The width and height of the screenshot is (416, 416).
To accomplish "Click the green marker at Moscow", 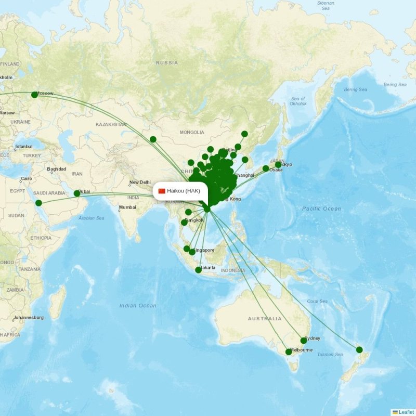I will pos(34,95).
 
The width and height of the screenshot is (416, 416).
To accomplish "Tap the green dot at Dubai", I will pos(77,193).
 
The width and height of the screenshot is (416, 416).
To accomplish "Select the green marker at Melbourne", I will pos(289,352).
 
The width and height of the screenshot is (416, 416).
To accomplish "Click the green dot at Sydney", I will pos(304,341).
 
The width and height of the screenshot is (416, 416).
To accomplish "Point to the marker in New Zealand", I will pos(359,350).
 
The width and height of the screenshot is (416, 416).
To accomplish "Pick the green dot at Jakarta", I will pos(198,270).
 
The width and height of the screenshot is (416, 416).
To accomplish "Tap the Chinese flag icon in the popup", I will pos(162,191).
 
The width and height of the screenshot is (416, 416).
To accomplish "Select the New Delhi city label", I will pos(140,183).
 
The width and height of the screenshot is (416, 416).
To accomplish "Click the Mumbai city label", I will pos(127,207).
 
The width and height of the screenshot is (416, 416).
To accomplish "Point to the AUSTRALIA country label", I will pos(265,319).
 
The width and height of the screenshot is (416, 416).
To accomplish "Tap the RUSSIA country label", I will pos(167,63).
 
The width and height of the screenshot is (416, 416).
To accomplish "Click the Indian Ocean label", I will pos(137,306).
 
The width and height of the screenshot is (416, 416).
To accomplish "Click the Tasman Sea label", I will pos(330,355).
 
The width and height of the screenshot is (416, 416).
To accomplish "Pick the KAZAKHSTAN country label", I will pos(111,125).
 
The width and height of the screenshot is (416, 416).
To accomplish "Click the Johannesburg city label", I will pos(29,317).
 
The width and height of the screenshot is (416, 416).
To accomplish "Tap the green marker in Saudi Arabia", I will pos(38,203).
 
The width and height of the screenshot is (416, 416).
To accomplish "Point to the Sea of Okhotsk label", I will pos(298,101).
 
